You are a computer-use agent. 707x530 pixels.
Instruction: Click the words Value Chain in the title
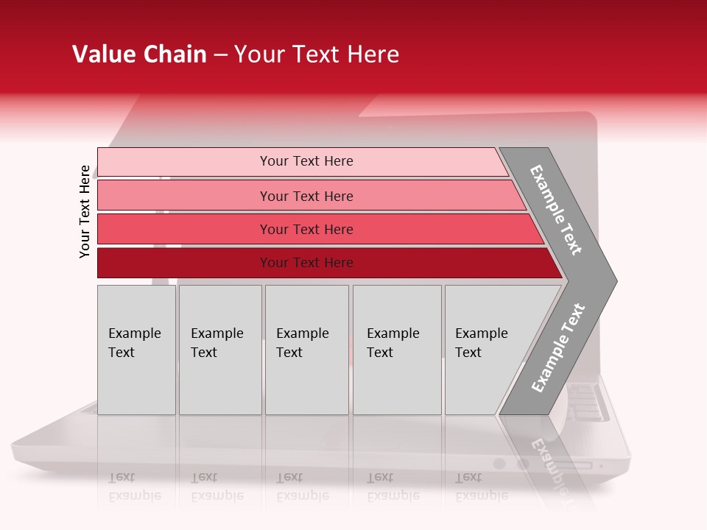pos(139,54)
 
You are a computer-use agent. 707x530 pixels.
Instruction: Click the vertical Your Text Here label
pos(85,211)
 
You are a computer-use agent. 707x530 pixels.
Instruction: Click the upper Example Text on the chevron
pos(556,210)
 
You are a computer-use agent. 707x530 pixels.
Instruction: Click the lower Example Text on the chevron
pos(557,348)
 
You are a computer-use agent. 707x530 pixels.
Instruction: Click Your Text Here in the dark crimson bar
pos(306,263)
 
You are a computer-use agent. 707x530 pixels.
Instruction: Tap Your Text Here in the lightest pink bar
pos(306,161)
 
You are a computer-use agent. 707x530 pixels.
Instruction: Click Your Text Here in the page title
pos(317,54)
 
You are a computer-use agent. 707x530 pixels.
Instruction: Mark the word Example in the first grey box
pos(134,333)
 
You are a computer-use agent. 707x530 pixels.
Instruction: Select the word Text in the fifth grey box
pos(468,353)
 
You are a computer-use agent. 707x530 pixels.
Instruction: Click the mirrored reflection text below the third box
pos(302,486)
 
